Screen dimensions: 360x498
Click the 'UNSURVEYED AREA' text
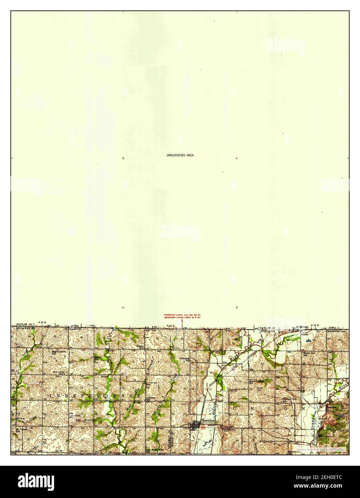180,155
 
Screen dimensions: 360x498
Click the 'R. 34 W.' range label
43,324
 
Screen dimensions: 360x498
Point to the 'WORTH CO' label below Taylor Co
267,331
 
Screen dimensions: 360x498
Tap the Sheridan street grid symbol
195,426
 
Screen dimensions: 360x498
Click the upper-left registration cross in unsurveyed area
123,158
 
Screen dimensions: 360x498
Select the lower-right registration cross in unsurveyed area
236,307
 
